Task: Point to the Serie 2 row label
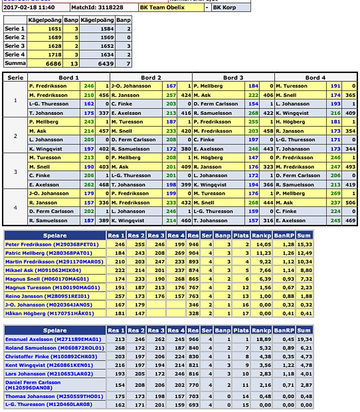pyautogui.click(x=15, y=37)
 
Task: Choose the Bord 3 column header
pyautogui.click(x=233, y=77)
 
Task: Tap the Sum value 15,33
pyautogui.click(x=304, y=244)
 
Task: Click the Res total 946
pyautogui.click(x=193, y=244)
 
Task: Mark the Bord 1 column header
pyautogui.click(x=69, y=77)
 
